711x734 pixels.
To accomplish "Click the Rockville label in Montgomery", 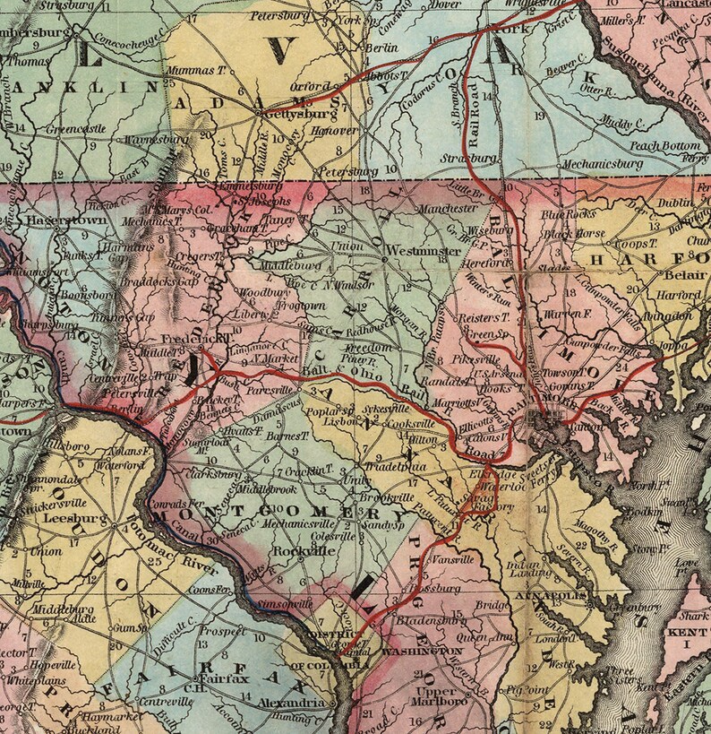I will [301, 551].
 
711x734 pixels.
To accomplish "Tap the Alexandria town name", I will [290, 704].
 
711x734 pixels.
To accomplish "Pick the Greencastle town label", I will [77, 129].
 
